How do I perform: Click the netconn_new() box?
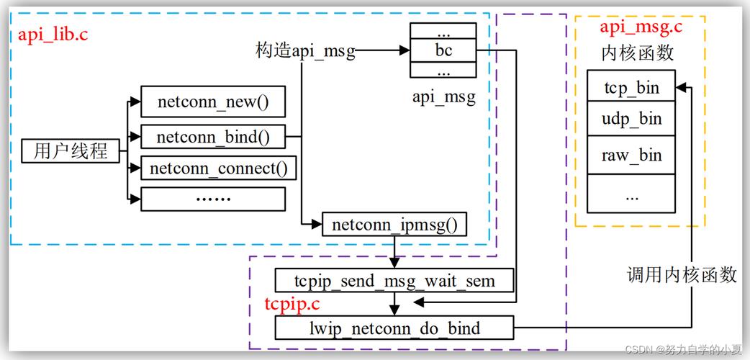coord(212,102)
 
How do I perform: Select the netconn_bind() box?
coord(212,135)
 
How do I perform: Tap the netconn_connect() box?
coord(218,168)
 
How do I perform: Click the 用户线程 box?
coord(70,151)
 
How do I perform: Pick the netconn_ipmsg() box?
coord(394,225)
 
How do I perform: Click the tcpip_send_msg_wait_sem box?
coord(394,279)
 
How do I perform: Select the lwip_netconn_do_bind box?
coord(394,328)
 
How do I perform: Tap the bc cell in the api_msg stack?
coord(443,51)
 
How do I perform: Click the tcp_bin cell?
coord(631,88)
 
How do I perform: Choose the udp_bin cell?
coord(631,120)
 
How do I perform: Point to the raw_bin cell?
coord(631,156)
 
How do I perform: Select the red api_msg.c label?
coord(641,27)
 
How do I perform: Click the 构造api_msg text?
coord(305,51)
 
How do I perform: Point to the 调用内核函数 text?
coord(682,274)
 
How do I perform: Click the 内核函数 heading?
coord(637,53)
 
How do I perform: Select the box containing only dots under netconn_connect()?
coord(212,199)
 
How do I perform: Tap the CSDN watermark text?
coord(683,350)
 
